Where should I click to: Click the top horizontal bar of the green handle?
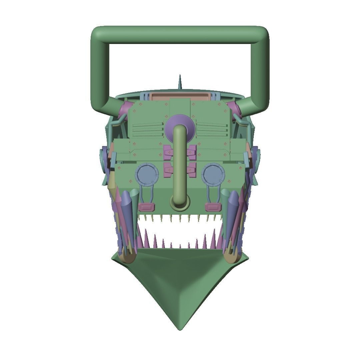click(180, 35)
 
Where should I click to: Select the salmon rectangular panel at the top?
click(180, 96)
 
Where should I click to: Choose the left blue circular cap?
click(146, 174)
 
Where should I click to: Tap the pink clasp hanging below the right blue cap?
click(213, 207)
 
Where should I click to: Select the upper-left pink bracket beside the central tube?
click(169, 152)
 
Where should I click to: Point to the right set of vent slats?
click(212, 128)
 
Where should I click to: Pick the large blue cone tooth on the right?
click(233, 213)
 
